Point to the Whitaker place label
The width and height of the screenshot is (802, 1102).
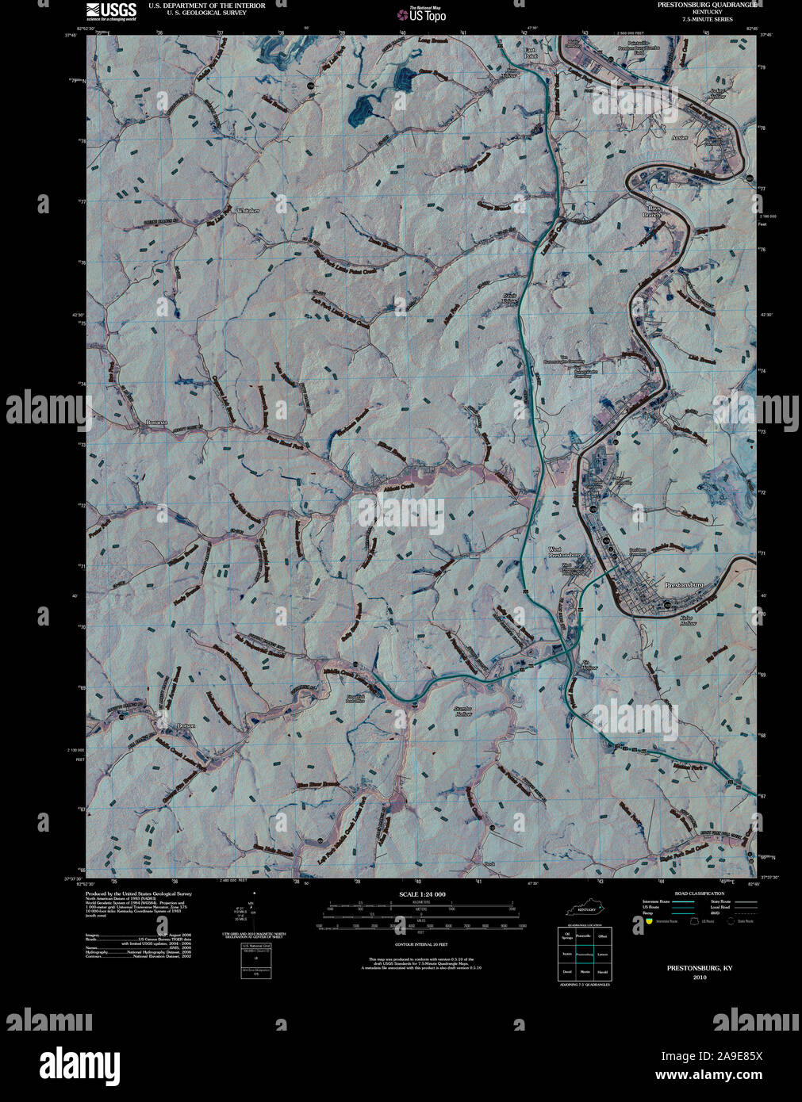click(x=248, y=210)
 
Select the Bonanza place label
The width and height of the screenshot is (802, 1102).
click(x=157, y=423)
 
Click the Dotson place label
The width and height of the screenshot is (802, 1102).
click(x=186, y=725)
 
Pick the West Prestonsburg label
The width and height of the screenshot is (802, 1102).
click(x=566, y=552)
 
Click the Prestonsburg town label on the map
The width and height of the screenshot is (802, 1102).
click(x=683, y=584)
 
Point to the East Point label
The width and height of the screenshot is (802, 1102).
click(x=530, y=53)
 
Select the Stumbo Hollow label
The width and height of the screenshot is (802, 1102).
click(x=462, y=710)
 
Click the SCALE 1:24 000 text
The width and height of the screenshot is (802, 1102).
click(x=422, y=894)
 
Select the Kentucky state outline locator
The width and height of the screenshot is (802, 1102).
click(x=587, y=907)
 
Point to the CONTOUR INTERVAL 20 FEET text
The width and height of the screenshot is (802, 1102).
click(x=421, y=945)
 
